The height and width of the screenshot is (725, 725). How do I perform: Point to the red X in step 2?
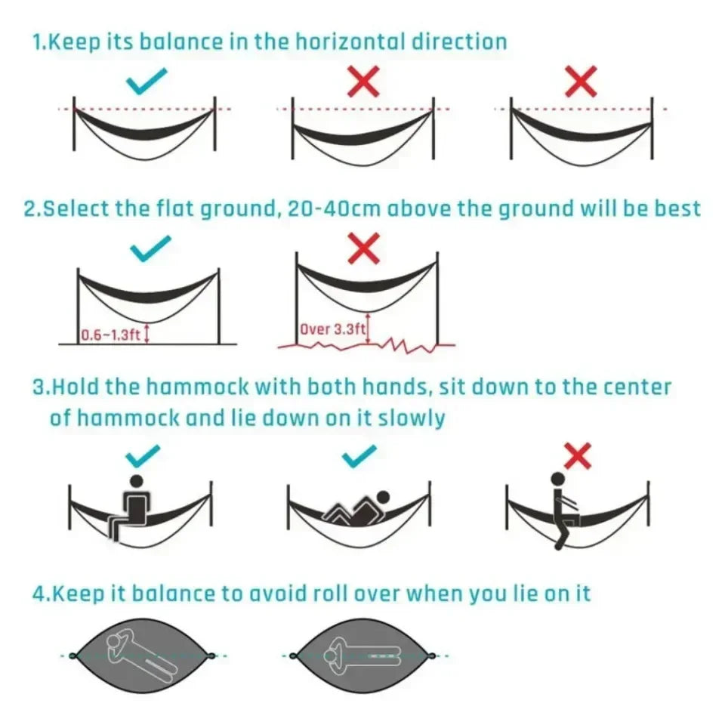364,249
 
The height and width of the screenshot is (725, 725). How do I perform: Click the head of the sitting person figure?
137,480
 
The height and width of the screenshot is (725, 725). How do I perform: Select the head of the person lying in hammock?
383,498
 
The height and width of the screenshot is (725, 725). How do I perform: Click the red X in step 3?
578,455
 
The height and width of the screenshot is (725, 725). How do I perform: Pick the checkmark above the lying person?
359,455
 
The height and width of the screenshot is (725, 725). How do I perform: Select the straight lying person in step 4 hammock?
363,656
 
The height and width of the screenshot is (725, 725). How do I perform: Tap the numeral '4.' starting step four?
40,594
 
